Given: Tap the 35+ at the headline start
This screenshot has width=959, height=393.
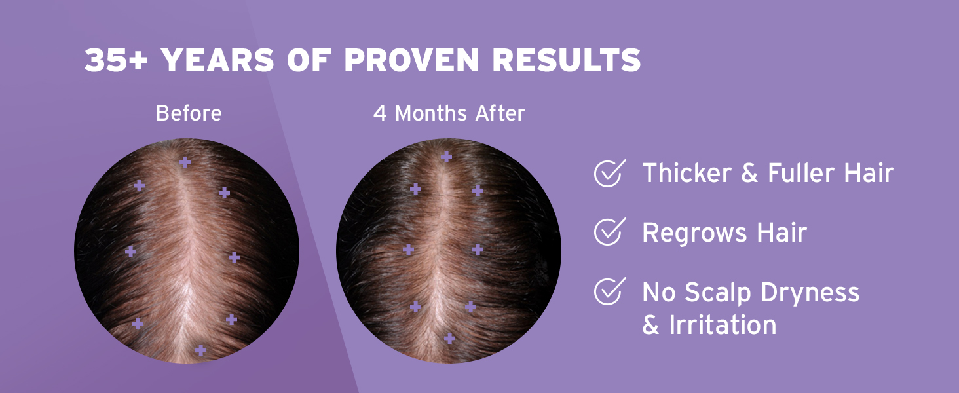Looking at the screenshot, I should (x=117, y=60).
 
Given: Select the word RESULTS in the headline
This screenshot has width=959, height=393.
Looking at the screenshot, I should (x=567, y=60).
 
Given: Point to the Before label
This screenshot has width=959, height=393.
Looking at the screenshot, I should (x=189, y=113).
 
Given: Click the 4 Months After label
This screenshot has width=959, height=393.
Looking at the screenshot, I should (x=449, y=113).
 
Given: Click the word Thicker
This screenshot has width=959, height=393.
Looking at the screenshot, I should (x=686, y=173).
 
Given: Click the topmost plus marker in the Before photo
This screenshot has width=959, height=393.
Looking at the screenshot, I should (x=185, y=162).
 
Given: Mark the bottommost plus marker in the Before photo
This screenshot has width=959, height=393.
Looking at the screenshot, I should (x=200, y=350).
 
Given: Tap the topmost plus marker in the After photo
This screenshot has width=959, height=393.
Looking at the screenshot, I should (x=447, y=157).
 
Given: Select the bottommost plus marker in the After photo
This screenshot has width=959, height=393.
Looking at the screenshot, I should (x=449, y=338).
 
